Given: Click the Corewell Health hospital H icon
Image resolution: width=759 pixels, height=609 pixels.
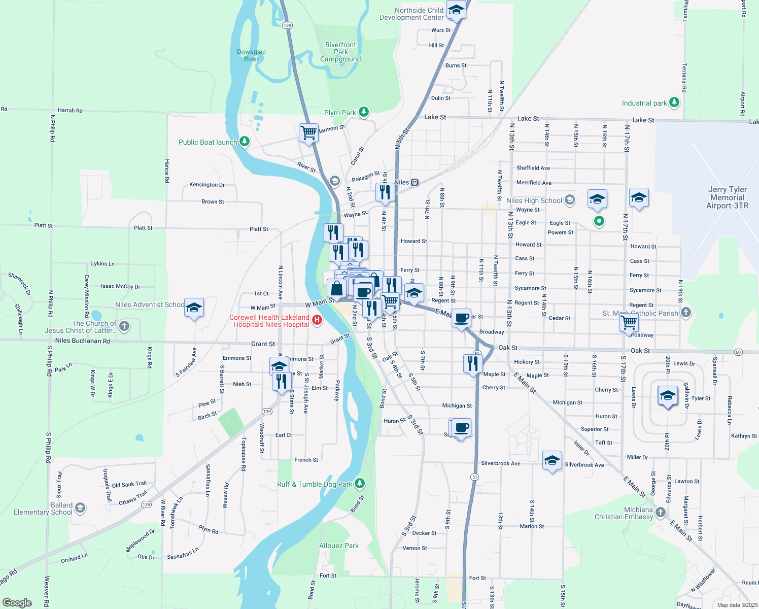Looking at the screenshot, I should point(317,320).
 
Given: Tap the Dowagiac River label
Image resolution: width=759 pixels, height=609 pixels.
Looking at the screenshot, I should point(251,55).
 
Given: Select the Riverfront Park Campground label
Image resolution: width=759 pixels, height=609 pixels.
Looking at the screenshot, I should point(340,52).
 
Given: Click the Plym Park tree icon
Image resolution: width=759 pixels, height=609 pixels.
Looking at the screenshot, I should point(364,112).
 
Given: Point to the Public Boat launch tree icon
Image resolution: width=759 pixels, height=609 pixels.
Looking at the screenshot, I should point(245,142).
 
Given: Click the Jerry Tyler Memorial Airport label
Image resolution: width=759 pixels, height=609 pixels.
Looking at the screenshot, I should point(727,197).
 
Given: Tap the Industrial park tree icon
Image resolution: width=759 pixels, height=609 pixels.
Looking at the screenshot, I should point(674,103).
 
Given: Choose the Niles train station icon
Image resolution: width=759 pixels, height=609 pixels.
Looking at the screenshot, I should point(415,182).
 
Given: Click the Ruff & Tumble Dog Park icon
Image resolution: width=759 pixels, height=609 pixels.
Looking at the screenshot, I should point(360,483).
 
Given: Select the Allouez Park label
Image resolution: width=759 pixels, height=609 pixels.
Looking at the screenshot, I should point(338,546).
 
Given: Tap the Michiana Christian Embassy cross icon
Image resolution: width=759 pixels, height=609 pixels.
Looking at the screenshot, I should point(661,512).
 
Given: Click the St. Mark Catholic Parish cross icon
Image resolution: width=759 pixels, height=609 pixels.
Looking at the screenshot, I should point(686,313).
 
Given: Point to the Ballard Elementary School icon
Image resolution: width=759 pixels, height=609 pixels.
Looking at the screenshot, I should point(80,508).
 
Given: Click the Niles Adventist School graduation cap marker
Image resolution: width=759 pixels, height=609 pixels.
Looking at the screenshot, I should point(194,308).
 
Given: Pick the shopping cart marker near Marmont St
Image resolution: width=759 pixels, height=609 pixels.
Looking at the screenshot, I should point(308,133).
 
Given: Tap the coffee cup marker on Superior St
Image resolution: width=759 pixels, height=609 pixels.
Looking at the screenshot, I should point(461,428).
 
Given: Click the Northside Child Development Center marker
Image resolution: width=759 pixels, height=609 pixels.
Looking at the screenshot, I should point(456,10).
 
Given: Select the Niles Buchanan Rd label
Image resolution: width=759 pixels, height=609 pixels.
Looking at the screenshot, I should point(83,341).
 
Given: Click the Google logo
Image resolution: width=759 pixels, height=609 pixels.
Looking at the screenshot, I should point(17,602).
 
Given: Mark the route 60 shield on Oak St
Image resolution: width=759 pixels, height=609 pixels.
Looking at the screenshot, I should point(738,352).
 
